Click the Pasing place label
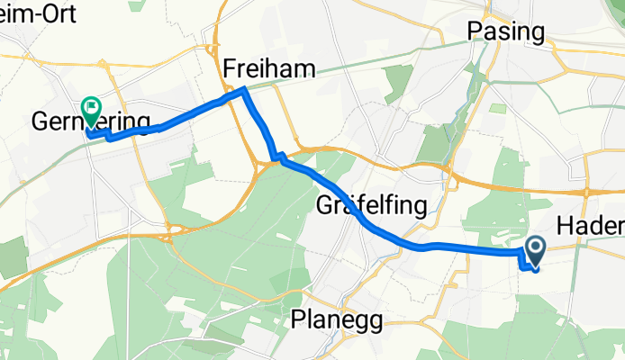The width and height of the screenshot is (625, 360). point(506,31)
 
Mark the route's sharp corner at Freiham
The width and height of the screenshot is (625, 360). point(244,89)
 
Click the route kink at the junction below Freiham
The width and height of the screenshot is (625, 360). point(278,159)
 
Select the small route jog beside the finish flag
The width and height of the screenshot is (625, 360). point(107,137)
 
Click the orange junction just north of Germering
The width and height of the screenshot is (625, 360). point(103,67)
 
